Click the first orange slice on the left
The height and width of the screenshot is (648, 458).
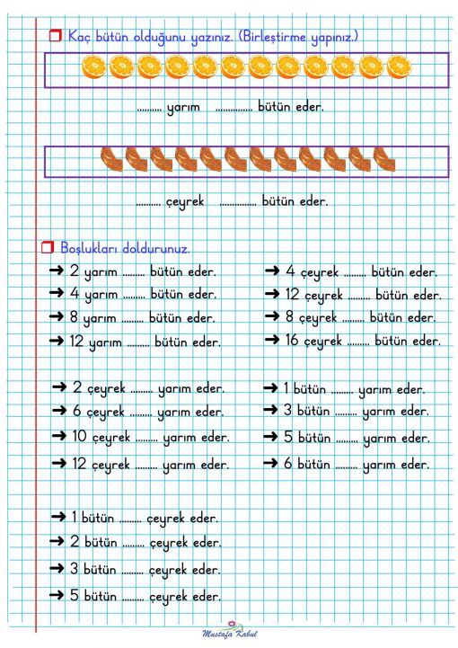coord(93,67)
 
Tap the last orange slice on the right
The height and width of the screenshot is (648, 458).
coord(400,67)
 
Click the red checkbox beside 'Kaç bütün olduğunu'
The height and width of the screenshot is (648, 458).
coord(54,37)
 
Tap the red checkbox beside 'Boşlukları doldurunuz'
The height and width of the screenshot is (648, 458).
coord(47,246)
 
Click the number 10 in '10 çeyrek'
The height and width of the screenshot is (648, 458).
coord(81,437)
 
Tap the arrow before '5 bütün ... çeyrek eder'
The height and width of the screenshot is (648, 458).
coord(59,595)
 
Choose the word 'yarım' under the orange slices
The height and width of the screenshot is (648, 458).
coord(183,108)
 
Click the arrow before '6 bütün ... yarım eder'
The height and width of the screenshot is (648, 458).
coord(271,464)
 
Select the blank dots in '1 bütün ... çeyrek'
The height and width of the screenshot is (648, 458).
coord(131,519)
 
